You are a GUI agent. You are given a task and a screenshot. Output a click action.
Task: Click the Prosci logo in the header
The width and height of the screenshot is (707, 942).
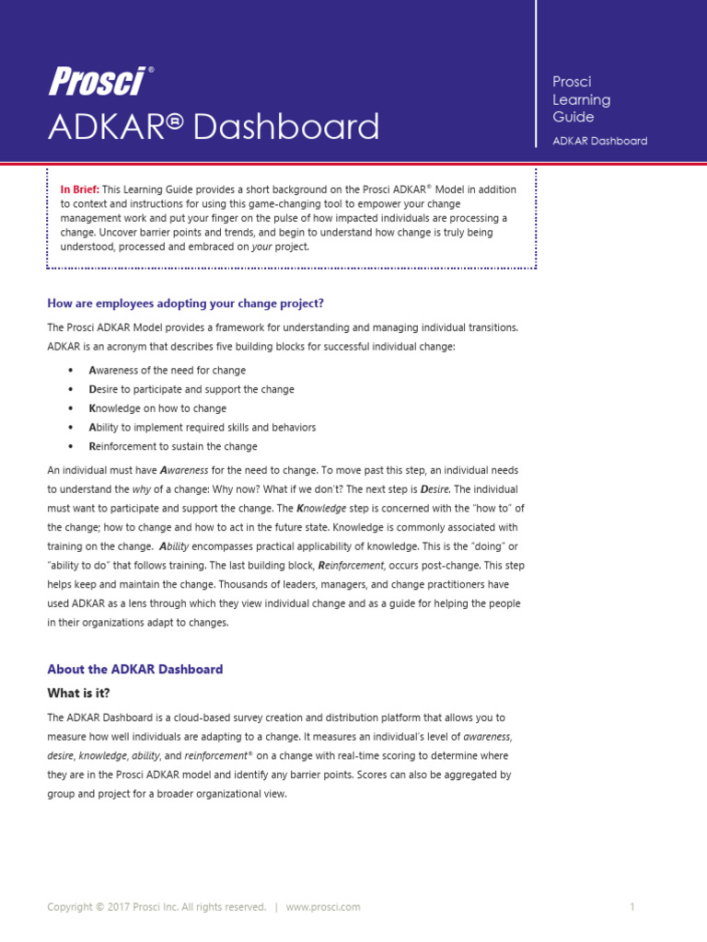coord(97,83)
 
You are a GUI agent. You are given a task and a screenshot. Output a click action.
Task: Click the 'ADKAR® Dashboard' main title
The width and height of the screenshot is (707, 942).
coord(214,127)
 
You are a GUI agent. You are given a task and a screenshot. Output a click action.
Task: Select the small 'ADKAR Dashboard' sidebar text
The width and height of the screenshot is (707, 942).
coord(599,141)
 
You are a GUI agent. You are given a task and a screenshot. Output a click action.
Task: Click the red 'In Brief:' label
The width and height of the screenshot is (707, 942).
coord(80,190)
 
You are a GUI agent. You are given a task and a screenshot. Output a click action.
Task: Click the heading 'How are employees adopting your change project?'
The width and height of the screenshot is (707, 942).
coord(185,304)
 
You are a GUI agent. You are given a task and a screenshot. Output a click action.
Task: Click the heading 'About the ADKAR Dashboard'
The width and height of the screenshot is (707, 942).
coord(134,670)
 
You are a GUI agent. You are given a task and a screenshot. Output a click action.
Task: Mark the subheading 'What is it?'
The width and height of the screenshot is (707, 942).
coord(84,693)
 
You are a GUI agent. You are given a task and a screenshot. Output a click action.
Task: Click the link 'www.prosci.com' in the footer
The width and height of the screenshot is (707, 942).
coord(323,907)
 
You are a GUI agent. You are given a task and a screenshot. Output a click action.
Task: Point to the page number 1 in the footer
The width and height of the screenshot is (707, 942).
coord(632,907)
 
